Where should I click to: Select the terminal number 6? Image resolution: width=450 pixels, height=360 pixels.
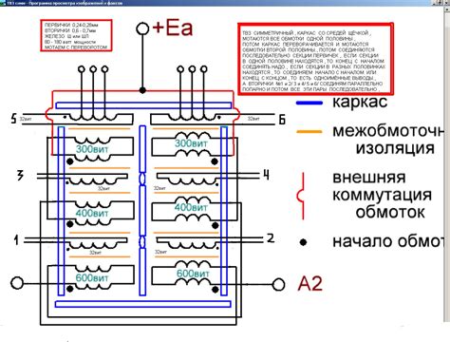click(x=282, y=118)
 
